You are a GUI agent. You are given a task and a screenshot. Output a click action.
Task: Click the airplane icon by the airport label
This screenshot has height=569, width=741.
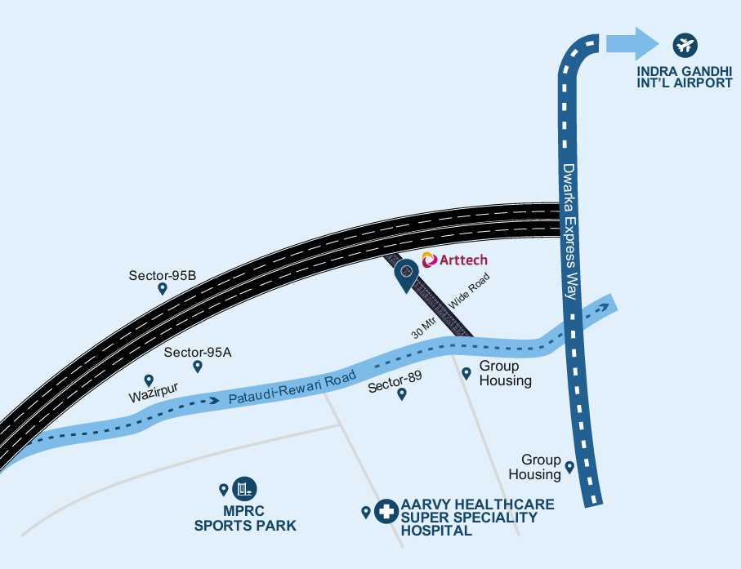[684, 43]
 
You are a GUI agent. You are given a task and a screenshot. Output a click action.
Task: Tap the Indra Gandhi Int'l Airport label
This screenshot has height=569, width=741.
[685, 77]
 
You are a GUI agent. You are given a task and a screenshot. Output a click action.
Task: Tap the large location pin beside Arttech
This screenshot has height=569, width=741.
[406, 274]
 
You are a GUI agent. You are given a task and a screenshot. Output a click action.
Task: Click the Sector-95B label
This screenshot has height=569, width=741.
[163, 275]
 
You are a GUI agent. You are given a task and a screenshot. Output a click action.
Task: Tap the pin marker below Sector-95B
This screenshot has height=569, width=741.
[163, 288]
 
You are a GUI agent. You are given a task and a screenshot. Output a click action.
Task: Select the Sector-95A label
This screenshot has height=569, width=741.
[198, 353]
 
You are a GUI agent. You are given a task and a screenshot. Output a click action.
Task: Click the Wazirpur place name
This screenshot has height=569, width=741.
[154, 398]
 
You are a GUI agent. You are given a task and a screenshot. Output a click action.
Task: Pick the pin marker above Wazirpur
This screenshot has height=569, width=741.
[149, 380]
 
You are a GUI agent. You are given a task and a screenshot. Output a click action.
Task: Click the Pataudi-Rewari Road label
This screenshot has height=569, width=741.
[292, 389]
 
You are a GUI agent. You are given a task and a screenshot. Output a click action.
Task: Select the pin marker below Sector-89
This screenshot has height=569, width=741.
[401, 394]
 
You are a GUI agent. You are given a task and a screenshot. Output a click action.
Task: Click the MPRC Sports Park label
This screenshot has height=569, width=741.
[245, 519]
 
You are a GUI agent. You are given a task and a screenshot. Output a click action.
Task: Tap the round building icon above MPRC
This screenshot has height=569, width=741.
[243, 489]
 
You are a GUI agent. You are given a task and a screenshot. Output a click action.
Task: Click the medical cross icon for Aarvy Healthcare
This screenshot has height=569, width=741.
[386, 512]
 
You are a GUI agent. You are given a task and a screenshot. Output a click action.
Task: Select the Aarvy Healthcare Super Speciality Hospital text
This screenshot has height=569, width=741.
[477, 518]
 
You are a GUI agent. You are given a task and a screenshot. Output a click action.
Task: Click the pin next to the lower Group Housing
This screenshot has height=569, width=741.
[569, 467]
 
